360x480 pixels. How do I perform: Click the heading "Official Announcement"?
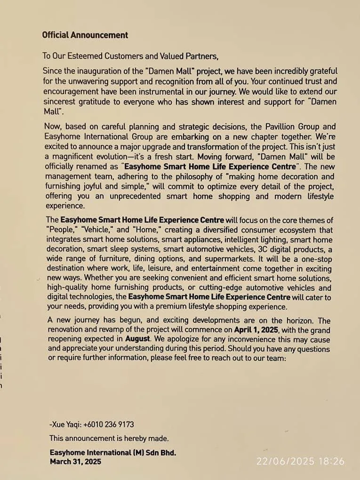[85, 35]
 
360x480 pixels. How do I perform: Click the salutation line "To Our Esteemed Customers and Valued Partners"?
[130, 56]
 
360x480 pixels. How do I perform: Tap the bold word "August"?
[138, 339]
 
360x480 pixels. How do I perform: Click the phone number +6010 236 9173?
[108, 424]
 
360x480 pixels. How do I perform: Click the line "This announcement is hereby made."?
[109, 439]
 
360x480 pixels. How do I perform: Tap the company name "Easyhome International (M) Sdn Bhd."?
[113, 453]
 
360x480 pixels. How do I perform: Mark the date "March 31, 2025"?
[75, 462]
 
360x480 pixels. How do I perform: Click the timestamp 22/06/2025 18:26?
[300, 462]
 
